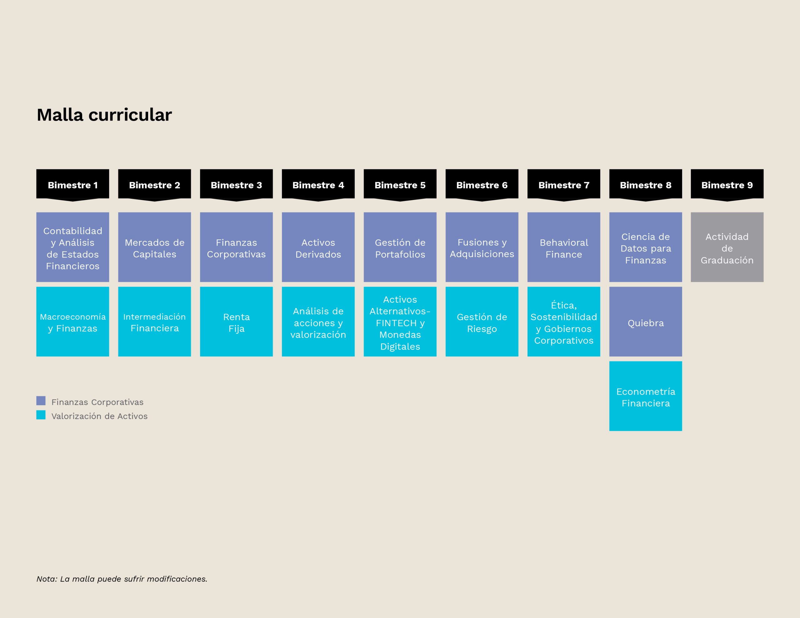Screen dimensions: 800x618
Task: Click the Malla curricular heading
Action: (x=104, y=115)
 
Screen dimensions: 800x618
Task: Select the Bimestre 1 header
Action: (x=72, y=185)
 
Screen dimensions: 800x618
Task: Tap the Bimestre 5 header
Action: (x=400, y=185)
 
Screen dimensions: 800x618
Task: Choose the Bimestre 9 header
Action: (x=727, y=185)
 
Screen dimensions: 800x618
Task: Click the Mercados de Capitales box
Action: (x=155, y=247)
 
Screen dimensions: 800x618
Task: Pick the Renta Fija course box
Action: (x=236, y=321)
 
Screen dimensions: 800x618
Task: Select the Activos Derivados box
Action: (x=318, y=247)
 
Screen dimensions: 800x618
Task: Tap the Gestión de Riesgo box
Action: (x=482, y=321)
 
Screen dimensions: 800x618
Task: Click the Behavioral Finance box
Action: (x=564, y=247)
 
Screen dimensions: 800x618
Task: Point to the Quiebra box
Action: (x=646, y=321)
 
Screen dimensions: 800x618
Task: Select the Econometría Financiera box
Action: (x=646, y=396)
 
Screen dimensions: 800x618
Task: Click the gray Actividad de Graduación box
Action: (x=727, y=247)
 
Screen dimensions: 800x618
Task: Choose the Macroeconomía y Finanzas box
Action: (x=72, y=321)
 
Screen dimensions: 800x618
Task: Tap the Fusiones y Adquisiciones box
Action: (x=482, y=247)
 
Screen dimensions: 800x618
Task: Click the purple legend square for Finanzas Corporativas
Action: (x=41, y=401)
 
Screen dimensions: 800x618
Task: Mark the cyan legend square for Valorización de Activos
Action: (x=41, y=415)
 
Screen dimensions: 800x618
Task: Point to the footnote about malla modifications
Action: (x=122, y=579)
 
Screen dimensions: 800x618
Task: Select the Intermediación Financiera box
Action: (x=155, y=321)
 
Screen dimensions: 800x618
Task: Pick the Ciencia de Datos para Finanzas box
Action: (x=646, y=247)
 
